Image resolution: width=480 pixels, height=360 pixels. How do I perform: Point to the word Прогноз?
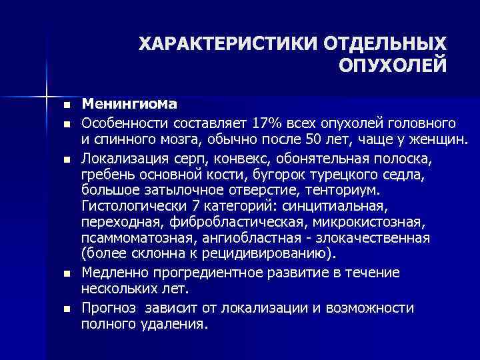(109, 308)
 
